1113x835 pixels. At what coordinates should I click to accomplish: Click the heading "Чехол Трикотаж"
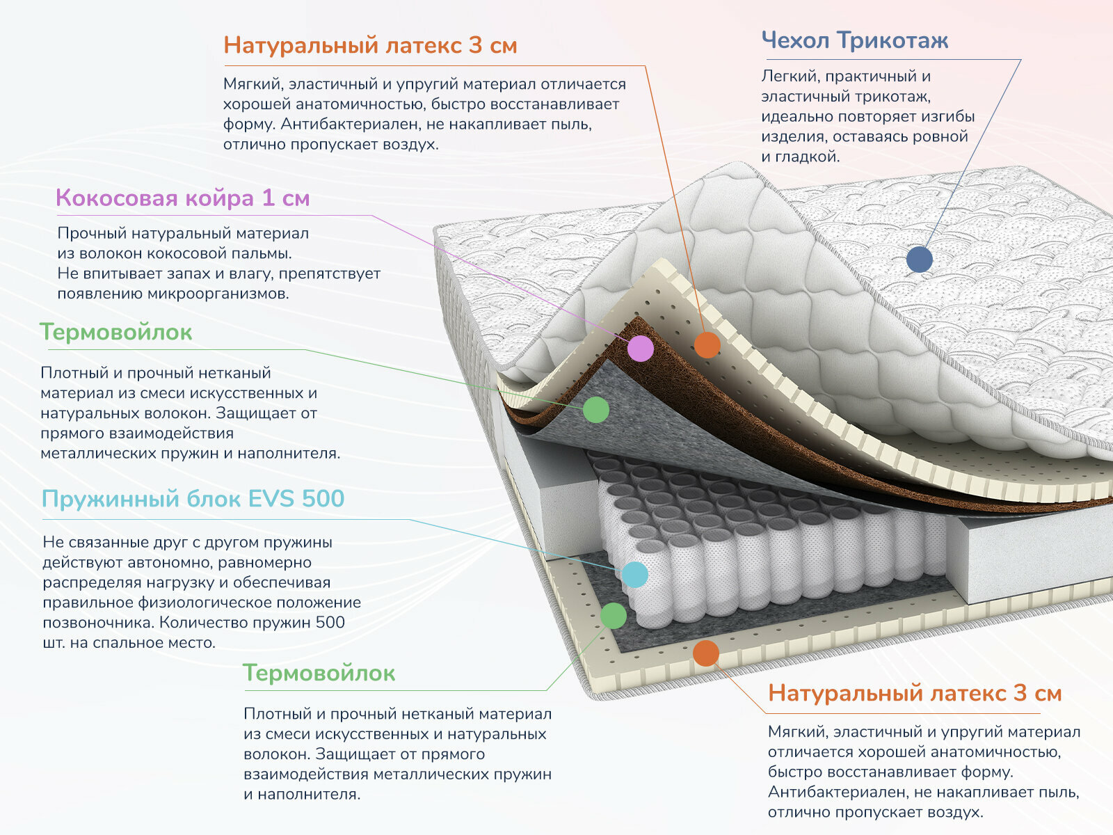coord(854,40)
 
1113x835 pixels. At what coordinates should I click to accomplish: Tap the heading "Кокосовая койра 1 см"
coord(182,198)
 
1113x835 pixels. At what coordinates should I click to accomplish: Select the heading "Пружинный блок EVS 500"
coord(193,499)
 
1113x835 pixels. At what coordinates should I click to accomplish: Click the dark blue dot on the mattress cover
coord(919,260)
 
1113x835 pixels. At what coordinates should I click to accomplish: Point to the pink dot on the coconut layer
coord(641,348)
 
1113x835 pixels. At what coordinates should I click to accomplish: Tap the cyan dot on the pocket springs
coord(634,575)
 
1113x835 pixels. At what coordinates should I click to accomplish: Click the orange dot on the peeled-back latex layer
coord(707,344)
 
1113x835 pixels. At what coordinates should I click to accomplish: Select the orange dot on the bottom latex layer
coord(705,653)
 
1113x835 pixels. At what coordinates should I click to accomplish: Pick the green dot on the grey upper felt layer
coord(595,410)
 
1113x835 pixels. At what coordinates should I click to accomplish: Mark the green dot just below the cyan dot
coord(613,616)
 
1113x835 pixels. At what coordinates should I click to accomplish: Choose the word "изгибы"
coord(949,117)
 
